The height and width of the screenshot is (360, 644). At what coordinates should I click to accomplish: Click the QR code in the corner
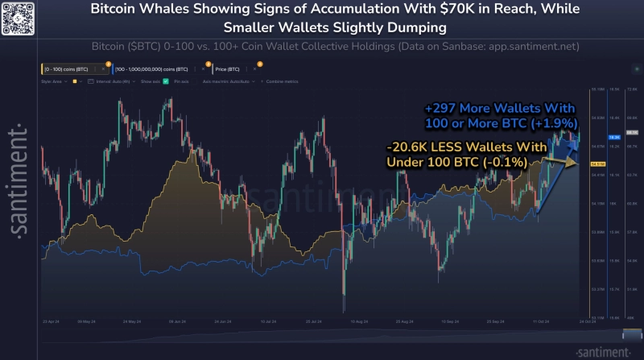coord(18,17)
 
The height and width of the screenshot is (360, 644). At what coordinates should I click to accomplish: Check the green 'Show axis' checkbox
coord(166,82)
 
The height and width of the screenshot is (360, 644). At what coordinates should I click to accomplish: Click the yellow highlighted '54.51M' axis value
coord(597,164)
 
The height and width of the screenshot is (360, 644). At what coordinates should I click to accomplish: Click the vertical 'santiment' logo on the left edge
coord(19,180)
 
